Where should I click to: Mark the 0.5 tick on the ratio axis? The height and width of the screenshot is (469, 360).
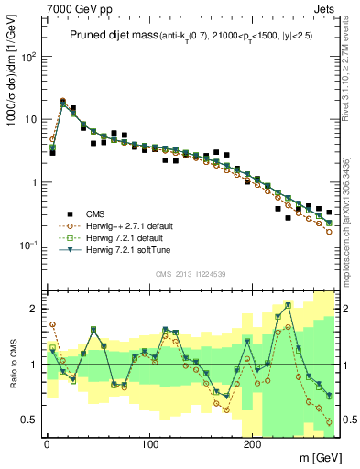(30, 420)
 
